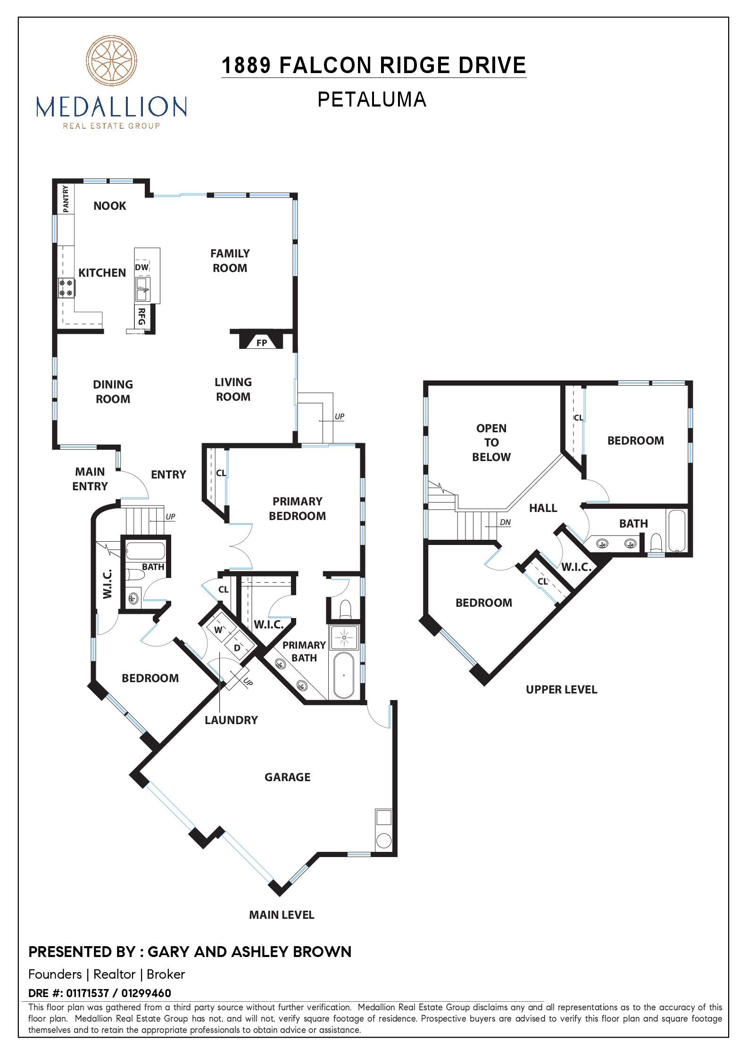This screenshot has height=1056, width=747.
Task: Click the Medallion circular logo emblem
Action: click(x=111, y=61)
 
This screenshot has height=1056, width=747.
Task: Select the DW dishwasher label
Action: click(x=141, y=267)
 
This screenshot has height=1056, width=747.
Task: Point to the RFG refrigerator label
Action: click(x=141, y=316)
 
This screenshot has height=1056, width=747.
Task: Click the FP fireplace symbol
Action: click(x=261, y=343)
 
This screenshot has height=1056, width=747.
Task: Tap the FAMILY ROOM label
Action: click(x=230, y=261)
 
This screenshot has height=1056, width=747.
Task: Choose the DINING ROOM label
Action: click(x=113, y=391)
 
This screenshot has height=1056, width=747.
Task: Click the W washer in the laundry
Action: click(x=218, y=630)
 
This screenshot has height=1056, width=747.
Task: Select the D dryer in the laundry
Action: click(x=237, y=648)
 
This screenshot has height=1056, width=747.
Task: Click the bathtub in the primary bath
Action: click(x=344, y=676)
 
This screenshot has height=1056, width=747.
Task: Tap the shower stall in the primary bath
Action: click(x=344, y=637)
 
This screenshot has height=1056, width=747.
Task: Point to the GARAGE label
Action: click(x=287, y=777)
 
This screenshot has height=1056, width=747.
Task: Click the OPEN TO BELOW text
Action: click(x=491, y=442)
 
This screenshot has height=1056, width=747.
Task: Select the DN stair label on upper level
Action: click(x=505, y=522)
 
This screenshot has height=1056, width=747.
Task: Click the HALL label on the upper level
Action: click(x=543, y=508)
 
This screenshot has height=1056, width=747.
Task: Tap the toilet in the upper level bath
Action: click(x=656, y=543)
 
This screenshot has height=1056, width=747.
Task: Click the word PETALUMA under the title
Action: click(x=372, y=99)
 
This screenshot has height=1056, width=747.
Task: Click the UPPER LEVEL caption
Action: click(x=561, y=689)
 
